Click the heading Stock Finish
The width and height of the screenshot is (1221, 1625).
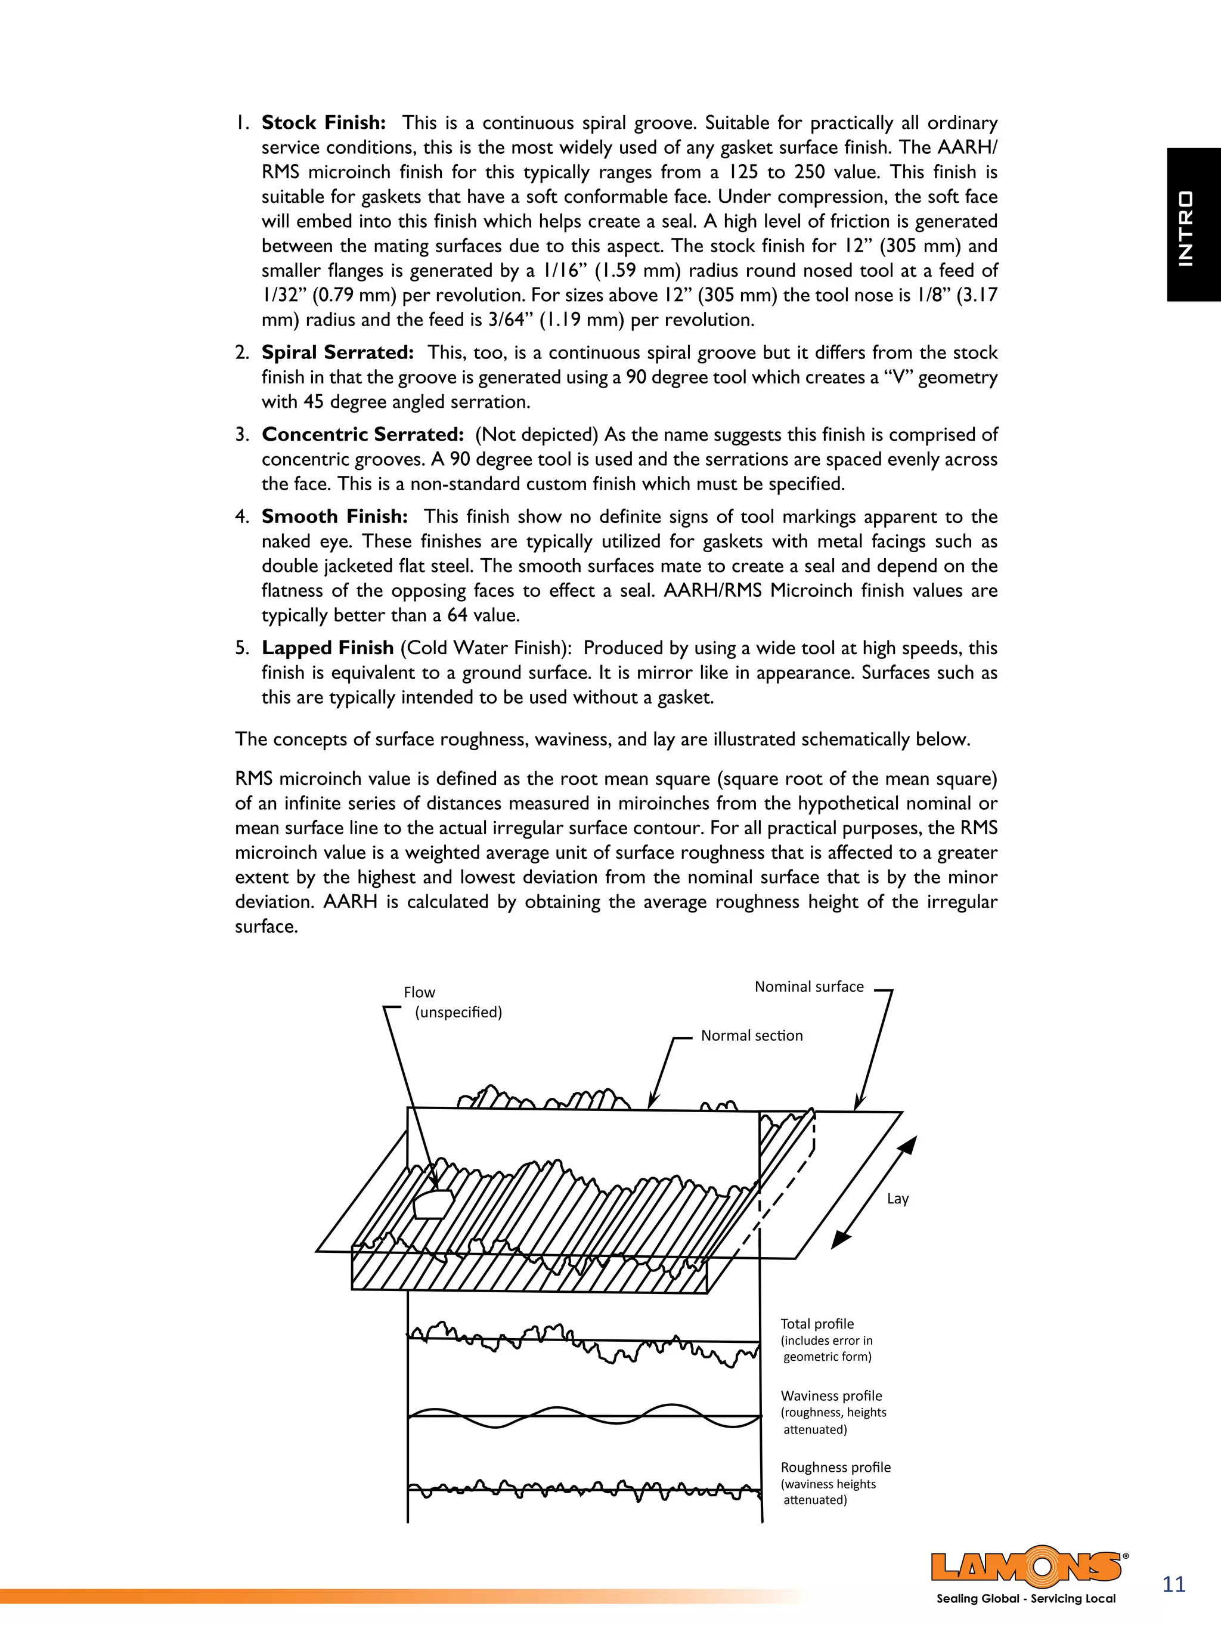pyautogui.click(x=323, y=123)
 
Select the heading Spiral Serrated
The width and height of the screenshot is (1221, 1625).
pyautogui.click(x=337, y=352)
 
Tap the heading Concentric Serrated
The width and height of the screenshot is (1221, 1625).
pyautogui.click(x=362, y=435)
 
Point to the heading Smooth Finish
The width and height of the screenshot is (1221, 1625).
pyautogui.click(x=334, y=516)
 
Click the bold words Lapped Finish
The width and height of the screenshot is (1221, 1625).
pyautogui.click(x=328, y=648)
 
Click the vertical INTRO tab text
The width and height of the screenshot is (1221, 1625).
pyautogui.click(x=1185, y=228)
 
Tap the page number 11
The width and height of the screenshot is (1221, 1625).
pyautogui.click(x=1174, y=1584)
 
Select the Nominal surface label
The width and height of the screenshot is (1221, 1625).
pyautogui.click(x=809, y=986)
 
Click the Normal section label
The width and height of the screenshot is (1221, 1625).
pyautogui.click(x=752, y=1036)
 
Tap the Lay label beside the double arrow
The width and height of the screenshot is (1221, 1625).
pyautogui.click(x=898, y=1198)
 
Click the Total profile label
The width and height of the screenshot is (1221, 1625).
pyautogui.click(x=817, y=1324)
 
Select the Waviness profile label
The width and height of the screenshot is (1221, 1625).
pyautogui.click(x=831, y=1396)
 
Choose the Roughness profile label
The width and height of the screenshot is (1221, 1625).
pyautogui.click(x=835, y=1467)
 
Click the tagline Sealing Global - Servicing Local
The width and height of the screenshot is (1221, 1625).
pyautogui.click(x=1025, y=1599)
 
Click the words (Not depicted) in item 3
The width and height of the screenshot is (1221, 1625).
pyautogui.click(x=537, y=435)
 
